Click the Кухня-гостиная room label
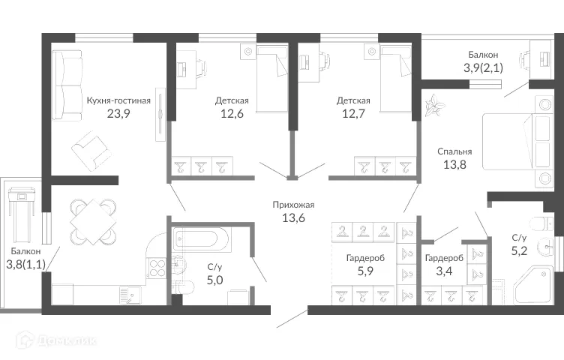pos(118,100)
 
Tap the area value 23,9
pos(118,115)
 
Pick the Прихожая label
pos(293,205)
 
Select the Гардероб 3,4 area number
pos(442,272)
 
